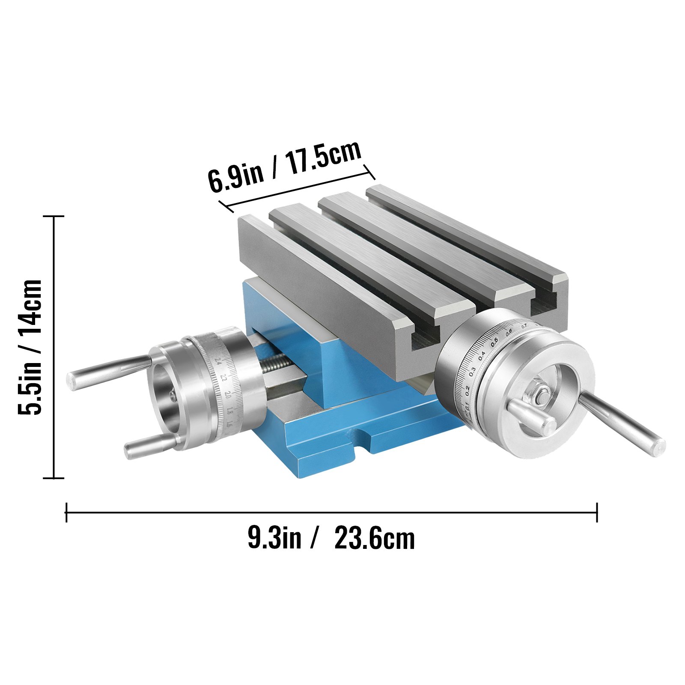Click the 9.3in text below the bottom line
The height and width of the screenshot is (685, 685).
pos(274,538)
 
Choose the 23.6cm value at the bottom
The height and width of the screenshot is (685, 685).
pos(375,538)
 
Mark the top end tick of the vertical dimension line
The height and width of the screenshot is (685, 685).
pos(54,217)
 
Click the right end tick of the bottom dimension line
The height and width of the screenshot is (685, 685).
pos(596,512)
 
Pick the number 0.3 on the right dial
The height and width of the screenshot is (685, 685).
pos(472,371)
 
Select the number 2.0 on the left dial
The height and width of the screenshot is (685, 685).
pos(227,394)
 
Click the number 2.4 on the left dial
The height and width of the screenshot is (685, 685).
pos(219,361)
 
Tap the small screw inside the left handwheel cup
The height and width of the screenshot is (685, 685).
pos(173,398)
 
